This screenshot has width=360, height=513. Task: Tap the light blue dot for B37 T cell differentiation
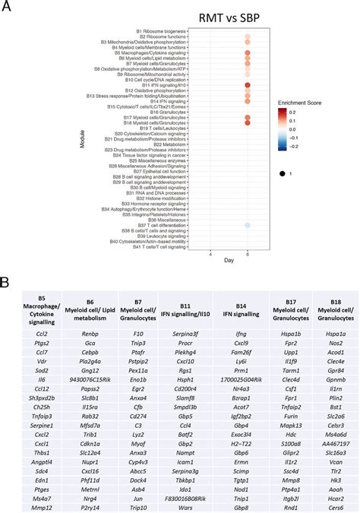coord(248,226)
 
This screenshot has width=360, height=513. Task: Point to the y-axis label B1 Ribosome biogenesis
coord(160,30)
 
